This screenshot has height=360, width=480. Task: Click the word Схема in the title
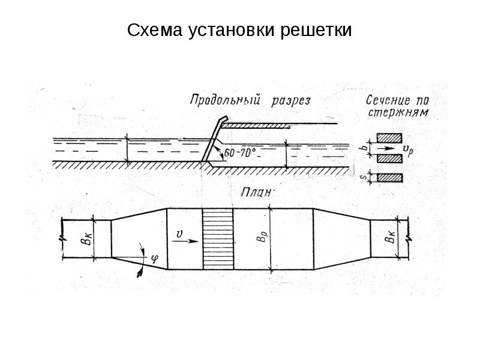[x=155, y=31]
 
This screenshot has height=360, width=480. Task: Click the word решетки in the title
[x=316, y=31]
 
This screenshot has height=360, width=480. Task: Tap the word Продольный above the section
[x=225, y=100]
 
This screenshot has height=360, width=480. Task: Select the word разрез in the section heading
[x=291, y=101]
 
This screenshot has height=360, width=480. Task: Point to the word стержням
[x=398, y=112]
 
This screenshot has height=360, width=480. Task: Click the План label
[x=257, y=193]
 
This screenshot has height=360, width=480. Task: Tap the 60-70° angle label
[x=240, y=153]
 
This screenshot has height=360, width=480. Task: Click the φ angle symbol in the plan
[x=155, y=259]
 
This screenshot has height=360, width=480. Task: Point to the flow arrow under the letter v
[x=185, y=241]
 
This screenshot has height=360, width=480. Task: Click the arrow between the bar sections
[x=385, y=148]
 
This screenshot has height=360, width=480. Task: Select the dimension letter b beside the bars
[x=364, y=147]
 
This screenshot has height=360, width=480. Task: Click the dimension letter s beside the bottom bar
[x=364, y=177]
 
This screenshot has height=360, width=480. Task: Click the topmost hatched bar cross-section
[x=389, y=138]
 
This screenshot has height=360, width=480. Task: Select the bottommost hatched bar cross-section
[x=389, y=178]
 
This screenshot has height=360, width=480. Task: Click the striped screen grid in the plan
[x=218, y=239]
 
